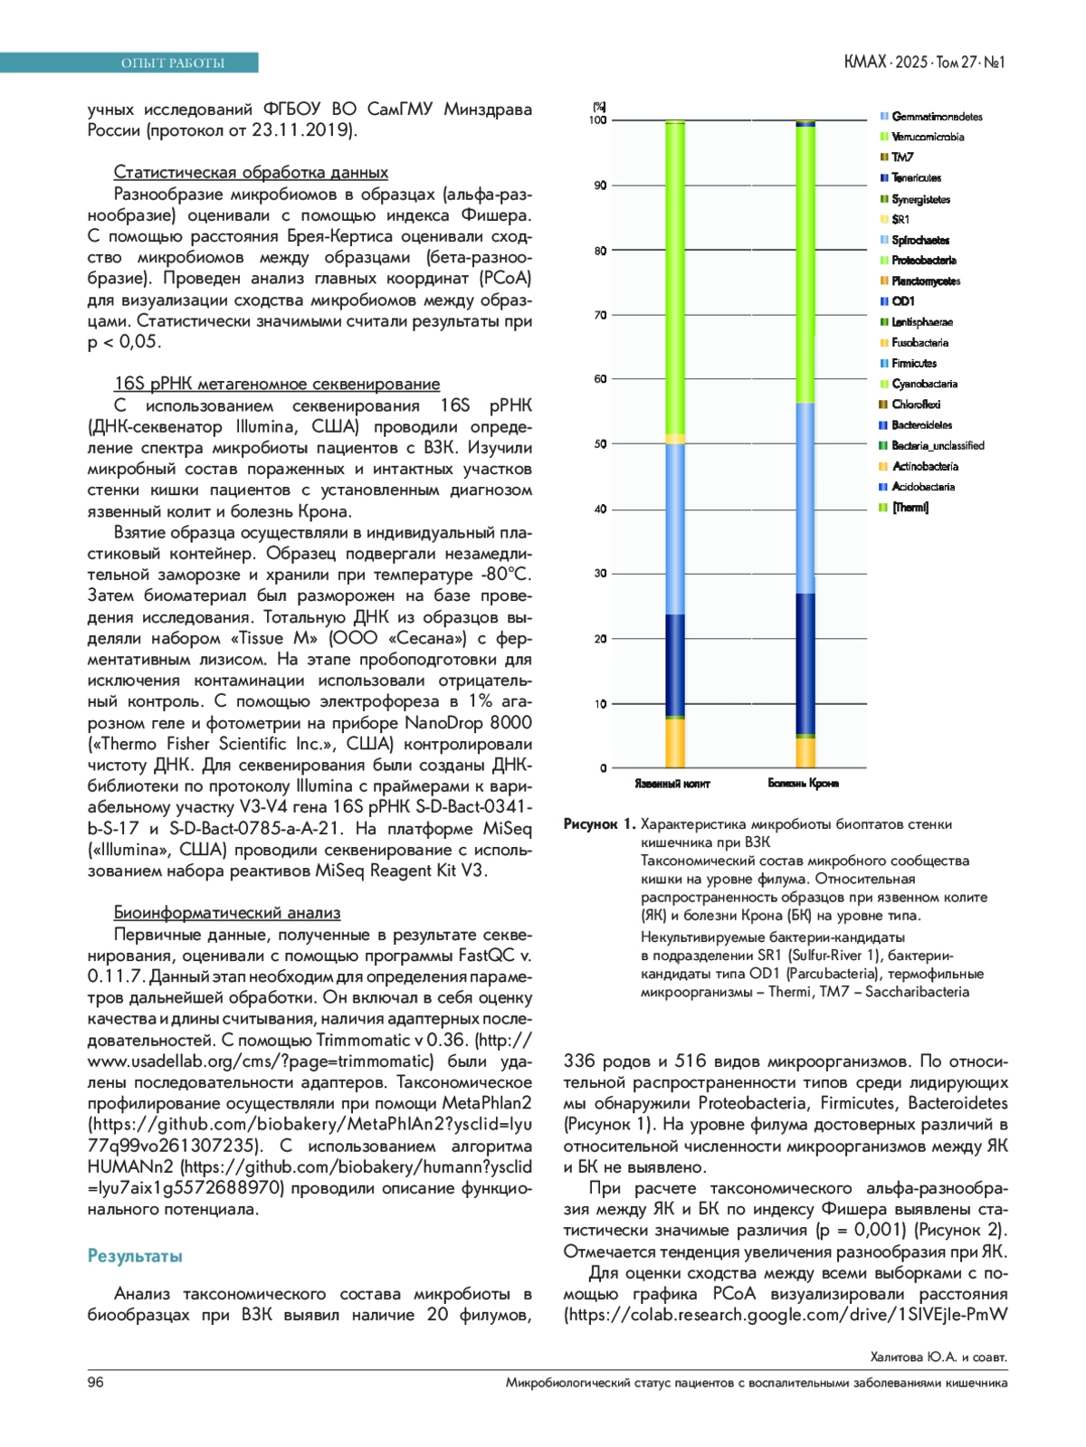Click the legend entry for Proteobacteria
click(x=923, y=261)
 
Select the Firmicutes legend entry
click(x=914, y=363)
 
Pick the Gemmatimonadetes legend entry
click(x=937, y=117)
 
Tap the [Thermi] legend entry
click(x=910, y=508)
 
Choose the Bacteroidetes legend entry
click(x=921, y=425)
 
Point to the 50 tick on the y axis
click(x=600, y=444)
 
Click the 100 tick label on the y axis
click(x=598, y=120)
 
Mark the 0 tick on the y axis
click(x=604, y=768)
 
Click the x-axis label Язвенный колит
click(x=672, y=784)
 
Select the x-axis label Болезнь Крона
click(x=804, y=783)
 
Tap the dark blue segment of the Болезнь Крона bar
click(x=805, y=662)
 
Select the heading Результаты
click(x=135, y=1256)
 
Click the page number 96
click(x=96, y=1382)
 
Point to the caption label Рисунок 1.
click(x=599, y=824)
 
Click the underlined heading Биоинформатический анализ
click(x=227, y=913)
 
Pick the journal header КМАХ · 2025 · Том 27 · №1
click(x=924, y=62)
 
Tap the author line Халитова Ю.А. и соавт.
click(x=938, y=1357)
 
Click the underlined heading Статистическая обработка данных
click(x=251, y=173)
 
